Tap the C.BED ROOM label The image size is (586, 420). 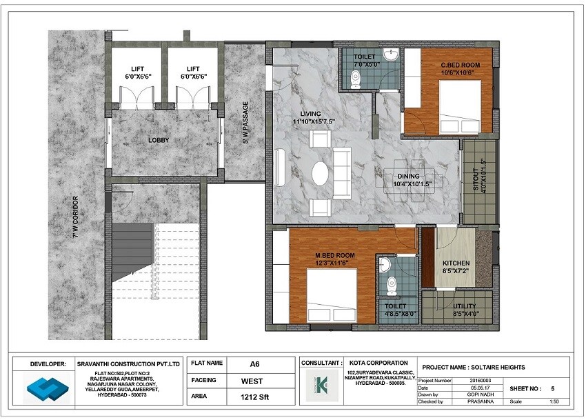point(460,66)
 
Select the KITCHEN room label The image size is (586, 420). point(456,263)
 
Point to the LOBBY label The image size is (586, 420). point(159,140)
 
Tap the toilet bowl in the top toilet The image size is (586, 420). point(356,81)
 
